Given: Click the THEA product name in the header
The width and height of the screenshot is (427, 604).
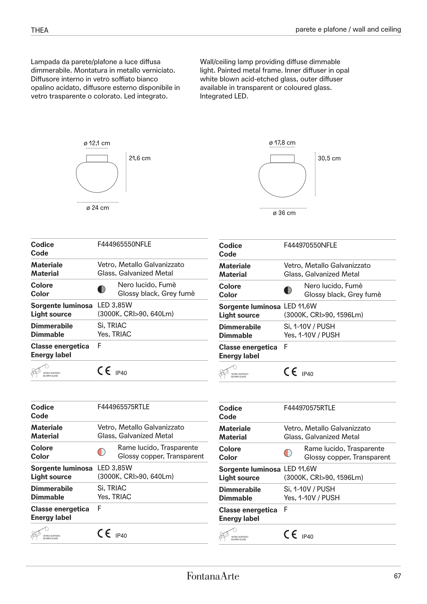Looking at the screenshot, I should (x=40, y=30).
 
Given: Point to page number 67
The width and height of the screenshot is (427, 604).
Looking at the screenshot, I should (x=397, y=576).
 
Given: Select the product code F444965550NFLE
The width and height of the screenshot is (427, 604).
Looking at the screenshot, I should (x=124, y=244).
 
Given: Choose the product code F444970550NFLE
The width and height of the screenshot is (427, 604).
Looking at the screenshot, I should (x=310, y=245).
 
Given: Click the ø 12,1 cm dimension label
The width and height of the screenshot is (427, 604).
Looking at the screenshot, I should (x=97, y=143).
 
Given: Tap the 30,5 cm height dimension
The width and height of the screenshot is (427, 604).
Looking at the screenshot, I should (x=329, y=158).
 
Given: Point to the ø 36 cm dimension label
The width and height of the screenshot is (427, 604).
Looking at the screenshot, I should (x=284, y=213).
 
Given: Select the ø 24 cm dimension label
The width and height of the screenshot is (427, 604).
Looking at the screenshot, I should (x=98, y=208).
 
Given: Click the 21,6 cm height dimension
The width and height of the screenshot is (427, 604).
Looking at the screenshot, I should (x=139, y=158).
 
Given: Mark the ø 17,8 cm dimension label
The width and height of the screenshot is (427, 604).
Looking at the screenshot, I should (x=282, y=143).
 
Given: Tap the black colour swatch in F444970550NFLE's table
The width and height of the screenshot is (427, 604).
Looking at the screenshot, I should (x=288, y=290).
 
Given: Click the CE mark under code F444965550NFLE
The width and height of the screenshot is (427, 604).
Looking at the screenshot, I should (x=104, y=371).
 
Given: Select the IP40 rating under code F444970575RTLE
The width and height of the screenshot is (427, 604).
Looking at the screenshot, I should (x=307, y=537).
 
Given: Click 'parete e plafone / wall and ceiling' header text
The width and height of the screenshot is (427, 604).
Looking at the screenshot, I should (x=348, y=29).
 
